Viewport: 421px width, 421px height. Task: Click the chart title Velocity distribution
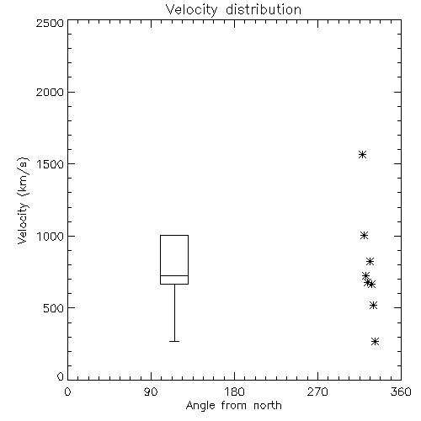pos(233,9)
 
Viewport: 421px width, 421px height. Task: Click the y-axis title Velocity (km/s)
pos(23,200)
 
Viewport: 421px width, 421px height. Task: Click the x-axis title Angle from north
pos(233,406)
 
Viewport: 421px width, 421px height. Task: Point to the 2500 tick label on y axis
pos(50,23)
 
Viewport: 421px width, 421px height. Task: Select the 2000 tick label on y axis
pos(50,92)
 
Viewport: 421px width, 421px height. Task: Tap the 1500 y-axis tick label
pos(50,164)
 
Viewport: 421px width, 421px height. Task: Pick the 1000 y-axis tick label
pos(50,236)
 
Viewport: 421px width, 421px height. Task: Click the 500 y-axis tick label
pos(53,308)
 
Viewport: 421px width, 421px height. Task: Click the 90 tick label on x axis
pos(151,392)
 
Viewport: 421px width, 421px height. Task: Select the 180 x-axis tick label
pos(234,392)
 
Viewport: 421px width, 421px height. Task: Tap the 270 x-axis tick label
pos(317,392)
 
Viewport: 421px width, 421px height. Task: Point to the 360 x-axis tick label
pos(401,392)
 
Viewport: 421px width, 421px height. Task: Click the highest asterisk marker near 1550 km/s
pos(362,155)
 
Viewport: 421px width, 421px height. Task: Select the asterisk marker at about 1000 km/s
pos(364,236)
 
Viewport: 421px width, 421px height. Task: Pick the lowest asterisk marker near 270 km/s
pos(375,342)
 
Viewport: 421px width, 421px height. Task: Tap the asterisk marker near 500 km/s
pos(373,306)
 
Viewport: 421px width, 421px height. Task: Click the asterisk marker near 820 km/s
pos(370,262)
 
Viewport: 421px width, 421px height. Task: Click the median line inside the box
pos(174,275)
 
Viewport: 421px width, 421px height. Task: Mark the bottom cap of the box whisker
pos(174,342)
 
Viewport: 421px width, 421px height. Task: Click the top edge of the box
pos(174,235)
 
